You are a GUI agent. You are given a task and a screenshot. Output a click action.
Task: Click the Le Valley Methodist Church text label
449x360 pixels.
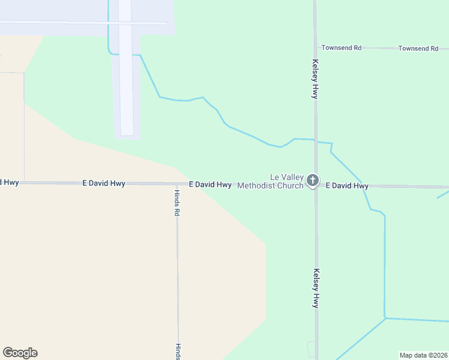270,181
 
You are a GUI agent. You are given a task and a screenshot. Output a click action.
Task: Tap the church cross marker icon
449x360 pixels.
312,180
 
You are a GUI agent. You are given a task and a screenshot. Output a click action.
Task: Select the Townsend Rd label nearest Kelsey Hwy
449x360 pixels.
341,47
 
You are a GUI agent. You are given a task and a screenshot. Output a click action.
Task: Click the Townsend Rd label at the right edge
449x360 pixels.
418,48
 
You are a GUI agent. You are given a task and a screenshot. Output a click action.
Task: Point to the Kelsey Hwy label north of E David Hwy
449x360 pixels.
315,79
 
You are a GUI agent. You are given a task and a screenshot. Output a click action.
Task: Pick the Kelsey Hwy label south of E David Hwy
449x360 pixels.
315,288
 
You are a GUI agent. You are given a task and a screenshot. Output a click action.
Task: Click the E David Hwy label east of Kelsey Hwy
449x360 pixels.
347,186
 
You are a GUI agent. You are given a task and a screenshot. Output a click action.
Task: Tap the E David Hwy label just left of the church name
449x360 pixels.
210,185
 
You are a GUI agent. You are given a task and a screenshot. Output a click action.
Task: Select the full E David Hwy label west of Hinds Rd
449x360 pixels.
104,183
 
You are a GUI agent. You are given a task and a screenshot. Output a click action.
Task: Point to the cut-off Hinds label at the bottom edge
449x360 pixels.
178,352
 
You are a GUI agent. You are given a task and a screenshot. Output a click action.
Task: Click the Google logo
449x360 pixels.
20,353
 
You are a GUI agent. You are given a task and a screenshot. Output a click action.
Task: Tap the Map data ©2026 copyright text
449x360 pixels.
423,355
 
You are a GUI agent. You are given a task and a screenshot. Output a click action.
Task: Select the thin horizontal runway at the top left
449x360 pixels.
84,23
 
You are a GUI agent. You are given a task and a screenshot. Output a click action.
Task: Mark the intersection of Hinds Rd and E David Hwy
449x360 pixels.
176,184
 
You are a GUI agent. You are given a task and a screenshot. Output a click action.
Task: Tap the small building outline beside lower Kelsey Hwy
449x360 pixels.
311,349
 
